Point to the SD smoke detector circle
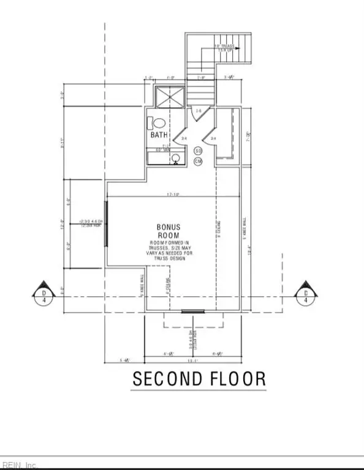coord(198,151)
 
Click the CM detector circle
coord(198,161)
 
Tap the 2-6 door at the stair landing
coord(198,111)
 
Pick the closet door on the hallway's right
coord(216,134)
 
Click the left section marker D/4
coord(44,293)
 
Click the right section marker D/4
coord(306,293)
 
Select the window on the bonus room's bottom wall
coord(192,311)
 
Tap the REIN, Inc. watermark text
coord(20,465)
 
